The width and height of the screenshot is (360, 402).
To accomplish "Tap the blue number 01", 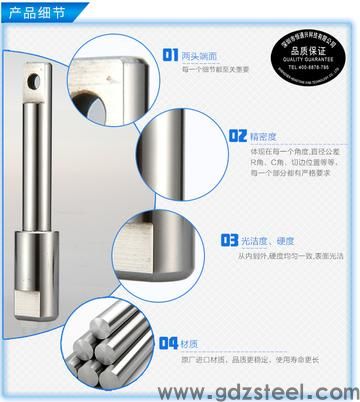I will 170,57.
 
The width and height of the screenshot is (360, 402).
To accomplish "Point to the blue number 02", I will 236,134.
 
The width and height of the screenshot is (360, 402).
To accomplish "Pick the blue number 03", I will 228,240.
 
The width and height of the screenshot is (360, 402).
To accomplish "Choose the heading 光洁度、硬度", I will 269,241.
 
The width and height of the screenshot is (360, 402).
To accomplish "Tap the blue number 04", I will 168,343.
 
